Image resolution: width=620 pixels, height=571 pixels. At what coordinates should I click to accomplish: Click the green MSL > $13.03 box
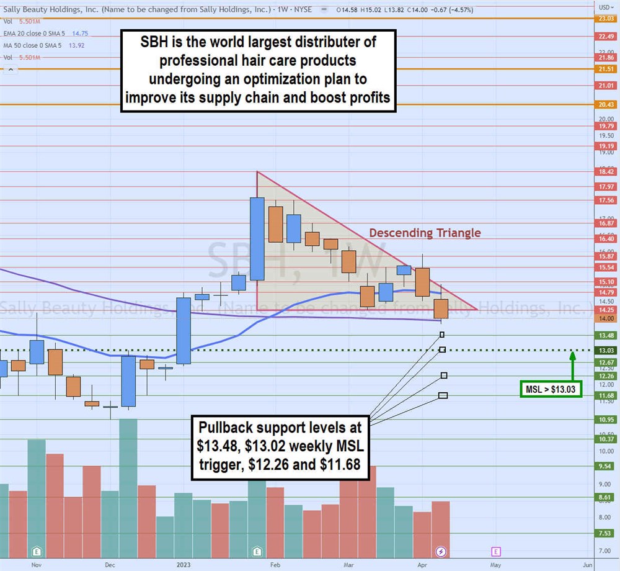pos(551,389)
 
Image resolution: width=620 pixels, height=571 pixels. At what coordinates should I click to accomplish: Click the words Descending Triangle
pos(425,233)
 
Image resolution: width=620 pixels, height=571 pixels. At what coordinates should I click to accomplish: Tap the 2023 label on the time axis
pos(184,565)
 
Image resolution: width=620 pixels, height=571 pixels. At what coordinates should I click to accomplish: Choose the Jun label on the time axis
pos(588,565)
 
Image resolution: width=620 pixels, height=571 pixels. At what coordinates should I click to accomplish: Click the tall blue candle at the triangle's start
pos(257,238)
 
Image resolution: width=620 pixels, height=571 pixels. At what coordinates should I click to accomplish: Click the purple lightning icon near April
pos(441,551)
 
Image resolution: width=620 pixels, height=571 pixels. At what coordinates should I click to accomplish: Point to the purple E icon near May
pos(495,551)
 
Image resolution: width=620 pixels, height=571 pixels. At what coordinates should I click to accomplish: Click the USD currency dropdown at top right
pos(604,7)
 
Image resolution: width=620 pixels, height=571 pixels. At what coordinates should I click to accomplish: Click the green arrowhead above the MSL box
pos(572,356)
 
